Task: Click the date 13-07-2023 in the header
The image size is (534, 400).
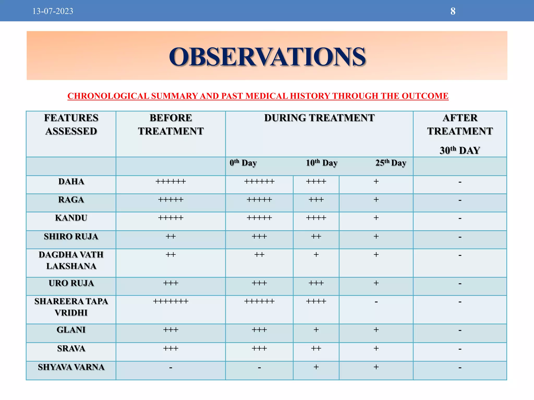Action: pos(53,11)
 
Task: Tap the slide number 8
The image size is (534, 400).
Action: pos(453,11)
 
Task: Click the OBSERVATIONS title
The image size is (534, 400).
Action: pos(267,57)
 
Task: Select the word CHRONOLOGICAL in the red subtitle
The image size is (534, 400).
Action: pos(108,96)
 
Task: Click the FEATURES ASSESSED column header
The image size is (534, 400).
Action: pos(71,124)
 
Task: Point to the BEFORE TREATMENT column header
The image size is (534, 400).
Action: pos(171,124)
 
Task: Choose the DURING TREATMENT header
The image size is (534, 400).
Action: pos(319,118)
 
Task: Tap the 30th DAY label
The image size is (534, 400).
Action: pos(460,151)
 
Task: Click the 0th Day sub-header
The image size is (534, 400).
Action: pos(243,163)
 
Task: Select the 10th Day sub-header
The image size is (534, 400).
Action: pos(321,163)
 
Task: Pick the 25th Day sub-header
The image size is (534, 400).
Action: pos(391,163)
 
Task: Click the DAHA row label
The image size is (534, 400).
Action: pos(71,182)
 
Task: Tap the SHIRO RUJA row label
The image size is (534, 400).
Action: pos(71,236)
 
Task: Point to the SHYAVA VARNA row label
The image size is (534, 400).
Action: pos(71,367)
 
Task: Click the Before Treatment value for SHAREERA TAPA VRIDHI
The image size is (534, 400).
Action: pos(171,301)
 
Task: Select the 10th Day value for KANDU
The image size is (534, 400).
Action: pos(316,218)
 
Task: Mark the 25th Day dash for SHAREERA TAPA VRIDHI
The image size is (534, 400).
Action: pos(376,302)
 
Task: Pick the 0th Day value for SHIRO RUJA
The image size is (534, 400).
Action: pos(259,236)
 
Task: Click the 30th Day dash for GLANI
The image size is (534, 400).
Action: pos(460,330)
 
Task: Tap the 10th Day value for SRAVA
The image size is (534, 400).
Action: pos(316,348)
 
